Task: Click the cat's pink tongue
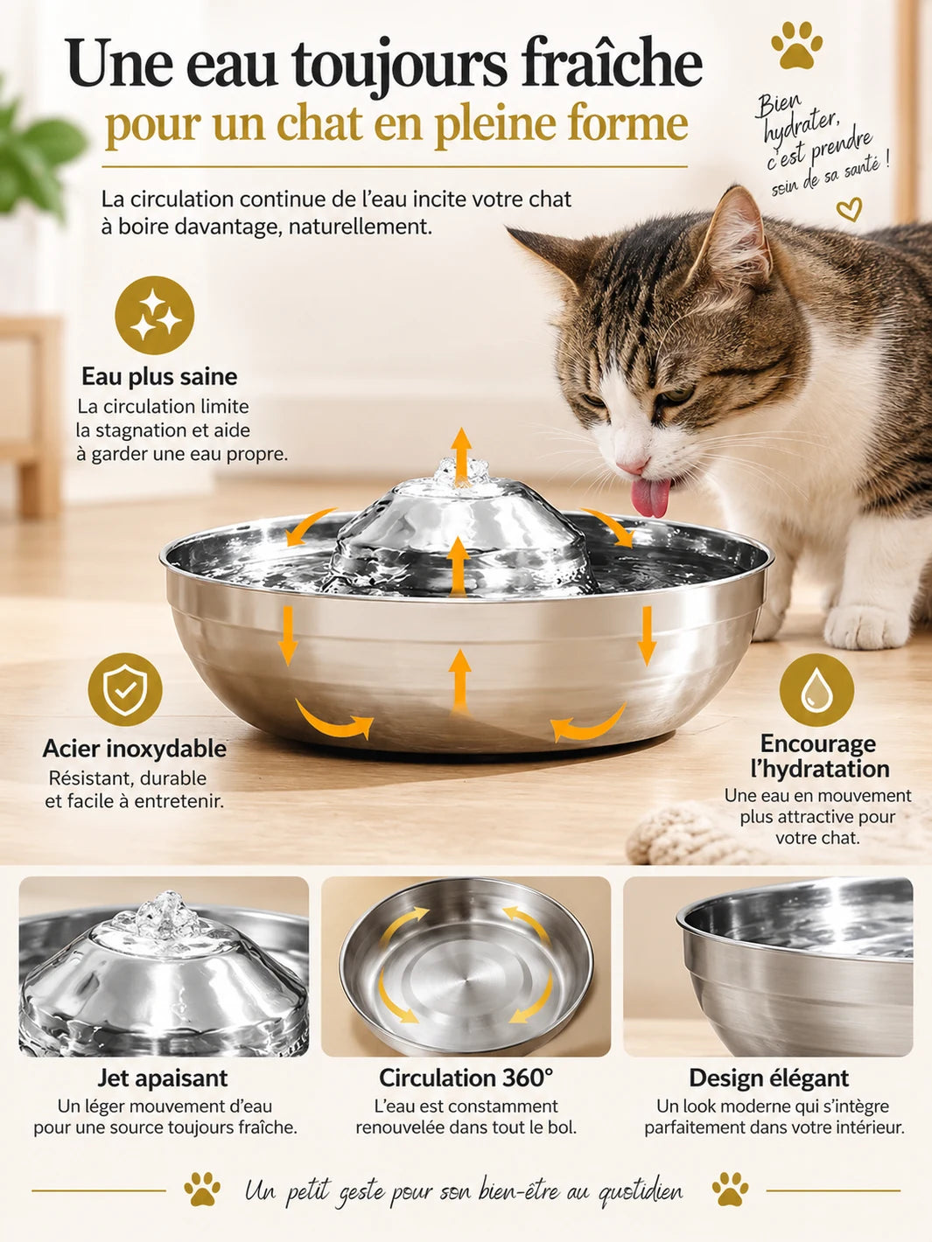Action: (651, 498)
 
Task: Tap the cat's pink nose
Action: (632, 466)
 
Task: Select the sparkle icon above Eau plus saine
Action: (154, 315)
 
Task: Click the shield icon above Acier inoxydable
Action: (125, 689)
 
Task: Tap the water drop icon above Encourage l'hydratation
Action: (816, 690)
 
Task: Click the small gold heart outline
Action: (849, 208)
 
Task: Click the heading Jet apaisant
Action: (163, 1078)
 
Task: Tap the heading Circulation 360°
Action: (466, 1078)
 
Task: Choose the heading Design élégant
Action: (768, 1078)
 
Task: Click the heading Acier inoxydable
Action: (134, 750)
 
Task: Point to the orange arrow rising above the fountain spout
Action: (461, 456)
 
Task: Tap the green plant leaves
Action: (34, 153)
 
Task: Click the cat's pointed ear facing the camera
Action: (736, 238)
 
